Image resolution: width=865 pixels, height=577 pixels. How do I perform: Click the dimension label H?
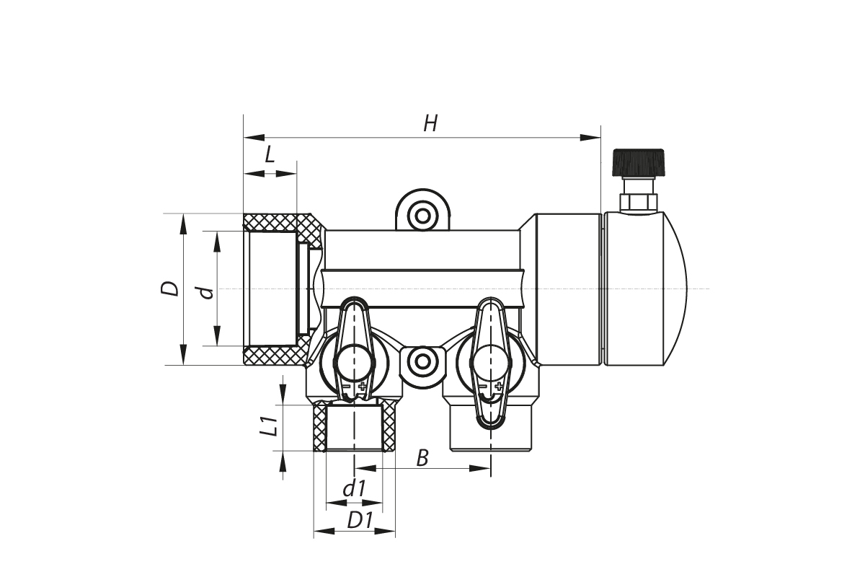point(430,124)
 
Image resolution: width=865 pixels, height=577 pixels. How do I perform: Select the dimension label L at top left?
point(270,154)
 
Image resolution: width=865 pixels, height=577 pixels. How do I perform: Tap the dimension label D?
point(170,288)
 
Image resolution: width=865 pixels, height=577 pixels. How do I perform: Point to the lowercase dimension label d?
point(207,291)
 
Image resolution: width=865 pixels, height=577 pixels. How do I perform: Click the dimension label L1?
point(268,426)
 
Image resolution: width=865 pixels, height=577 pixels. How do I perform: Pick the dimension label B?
point(423,457)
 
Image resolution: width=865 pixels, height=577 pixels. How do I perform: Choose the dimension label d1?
point(354,489)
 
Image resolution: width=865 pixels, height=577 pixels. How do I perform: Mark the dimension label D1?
point(359,519)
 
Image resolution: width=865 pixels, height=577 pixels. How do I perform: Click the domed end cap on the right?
point(645,288)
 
